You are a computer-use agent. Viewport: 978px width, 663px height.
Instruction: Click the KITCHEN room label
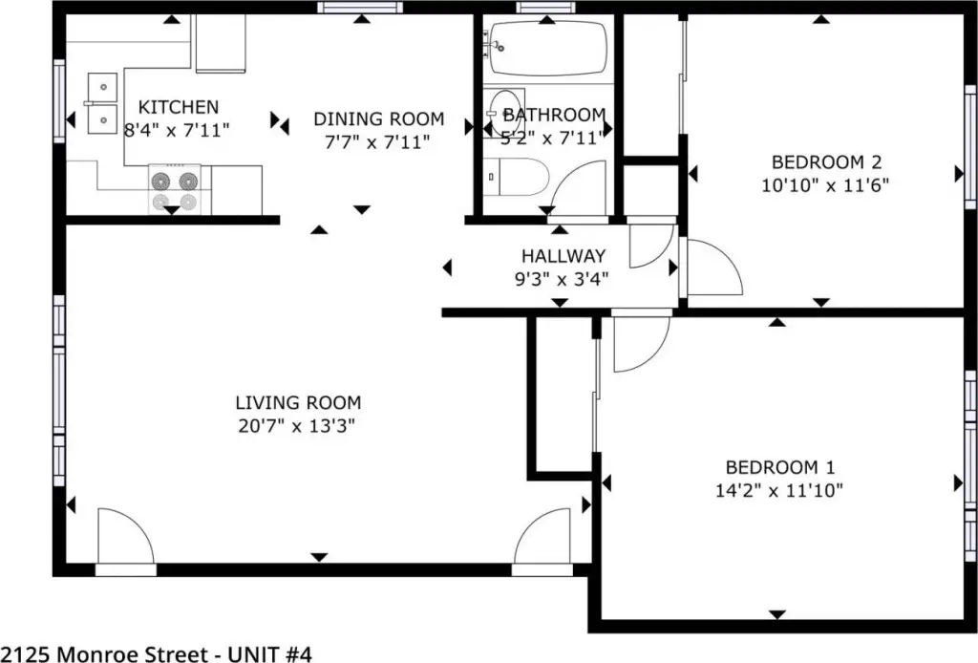click(179, 107)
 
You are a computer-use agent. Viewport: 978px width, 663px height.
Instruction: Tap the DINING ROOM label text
click(378, 118)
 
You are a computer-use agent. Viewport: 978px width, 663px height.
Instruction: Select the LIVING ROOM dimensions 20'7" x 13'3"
click(296, 426)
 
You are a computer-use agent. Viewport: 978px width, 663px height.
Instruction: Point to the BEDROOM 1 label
click(779, 467)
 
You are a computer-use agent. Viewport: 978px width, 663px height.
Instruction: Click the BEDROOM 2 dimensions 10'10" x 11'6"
click(825, 185)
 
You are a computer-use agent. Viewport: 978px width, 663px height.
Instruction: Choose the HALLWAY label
click(563, 256)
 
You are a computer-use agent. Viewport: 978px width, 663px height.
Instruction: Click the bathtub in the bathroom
click(547, 48)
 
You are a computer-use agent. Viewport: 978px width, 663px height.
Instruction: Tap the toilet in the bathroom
click(515, 177)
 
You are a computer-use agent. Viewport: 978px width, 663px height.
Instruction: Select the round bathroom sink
click(504, 114)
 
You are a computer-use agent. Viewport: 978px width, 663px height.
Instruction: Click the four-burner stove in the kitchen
click(174, 189)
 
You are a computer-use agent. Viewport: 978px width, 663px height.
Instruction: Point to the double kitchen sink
click(101, 103)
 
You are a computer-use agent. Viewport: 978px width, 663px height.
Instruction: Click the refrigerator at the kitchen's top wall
click(221, 43)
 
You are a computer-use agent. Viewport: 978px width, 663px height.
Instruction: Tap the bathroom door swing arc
click(576, 187)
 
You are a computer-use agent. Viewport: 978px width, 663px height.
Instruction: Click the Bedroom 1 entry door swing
click(643, 344)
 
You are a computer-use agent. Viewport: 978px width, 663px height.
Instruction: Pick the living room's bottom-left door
click(125, 536)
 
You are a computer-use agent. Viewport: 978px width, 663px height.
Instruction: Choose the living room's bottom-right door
click(542, 536)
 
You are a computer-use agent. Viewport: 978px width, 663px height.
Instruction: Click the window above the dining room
click(360, 8)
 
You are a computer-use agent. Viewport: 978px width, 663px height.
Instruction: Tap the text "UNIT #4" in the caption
click(269, 654)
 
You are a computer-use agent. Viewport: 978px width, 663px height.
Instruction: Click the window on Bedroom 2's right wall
click(970, 147)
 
